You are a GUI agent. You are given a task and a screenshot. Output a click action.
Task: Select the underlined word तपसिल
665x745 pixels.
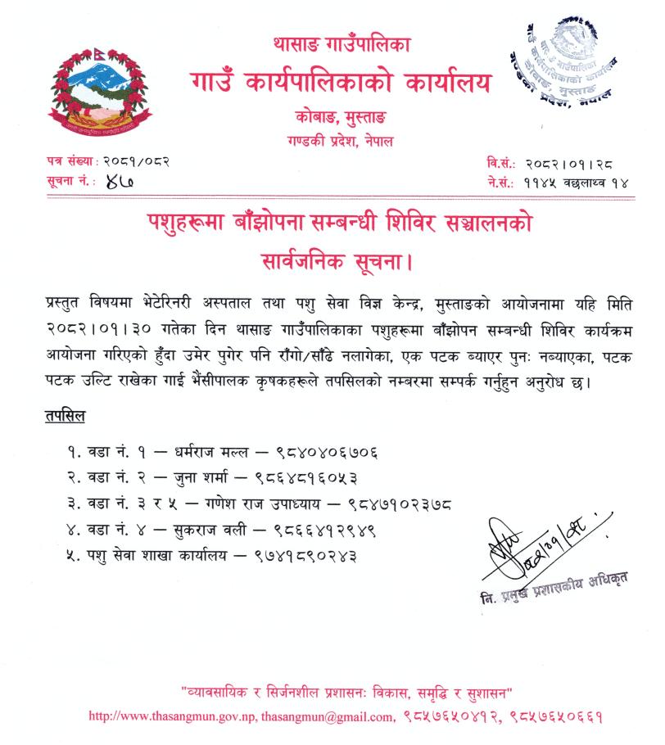point(65,418)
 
